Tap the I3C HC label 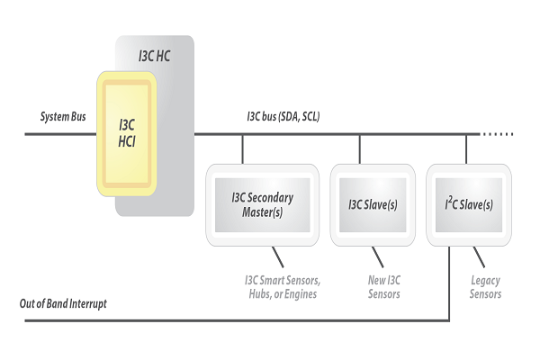click(x=154, y=54)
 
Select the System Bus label click(x=62, y=118)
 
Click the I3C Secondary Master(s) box click(x=262, y=204)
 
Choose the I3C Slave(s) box click(x=373, y=204)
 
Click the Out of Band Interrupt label click(x=63, y=303)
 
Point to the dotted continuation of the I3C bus click(x=497, y=134)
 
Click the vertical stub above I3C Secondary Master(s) click(x=242, y=148)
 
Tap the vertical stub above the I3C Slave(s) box click(x=360, y=148)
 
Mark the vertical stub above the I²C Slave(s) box click(x=466, y=148)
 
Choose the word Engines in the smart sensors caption click(x=302, y=294)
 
